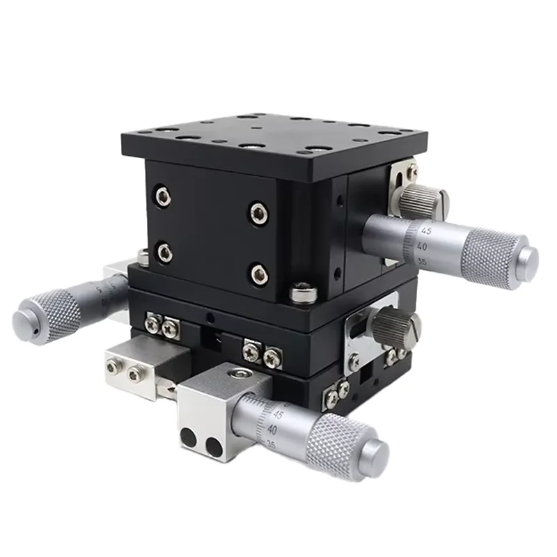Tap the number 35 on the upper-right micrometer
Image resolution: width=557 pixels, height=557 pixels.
tap(421, 262)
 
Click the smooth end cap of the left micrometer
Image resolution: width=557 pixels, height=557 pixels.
tap(24, 317)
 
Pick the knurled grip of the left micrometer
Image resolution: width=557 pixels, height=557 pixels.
tap(56, 311)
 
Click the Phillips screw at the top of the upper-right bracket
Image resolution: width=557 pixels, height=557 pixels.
tap(412, 170)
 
